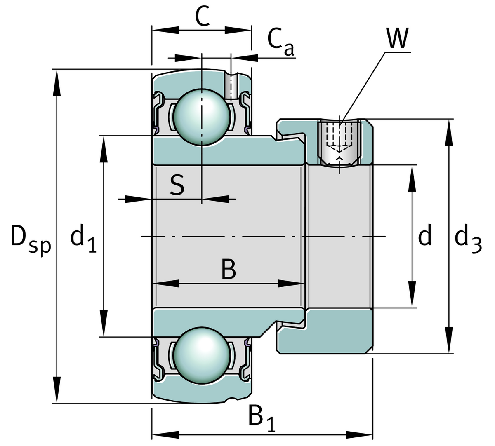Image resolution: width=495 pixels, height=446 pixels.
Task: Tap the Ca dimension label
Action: click(280, 41)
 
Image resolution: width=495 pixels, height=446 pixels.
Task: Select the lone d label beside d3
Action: click(425, 237)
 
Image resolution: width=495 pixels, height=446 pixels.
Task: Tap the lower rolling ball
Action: click(201, 355)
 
